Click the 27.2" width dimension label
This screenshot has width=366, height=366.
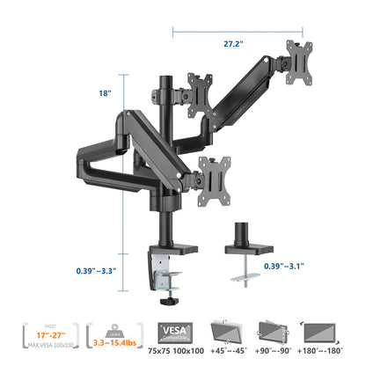234,40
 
